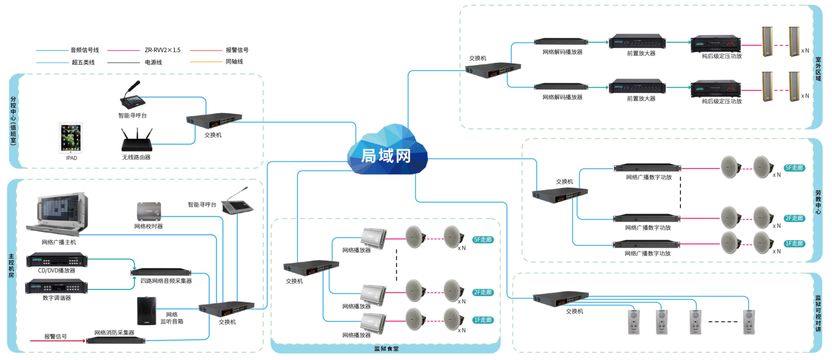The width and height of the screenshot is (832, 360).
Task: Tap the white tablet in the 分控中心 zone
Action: click(71, 138)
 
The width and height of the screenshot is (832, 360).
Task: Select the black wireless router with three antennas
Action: click(136, 140)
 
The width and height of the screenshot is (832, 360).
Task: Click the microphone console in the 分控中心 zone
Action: click(133, 97)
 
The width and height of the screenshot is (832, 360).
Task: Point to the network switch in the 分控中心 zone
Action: click(214, 119)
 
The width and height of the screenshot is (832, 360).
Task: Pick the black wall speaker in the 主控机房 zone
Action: click(146, 311)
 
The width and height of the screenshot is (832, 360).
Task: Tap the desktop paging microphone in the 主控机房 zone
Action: click(237, 204)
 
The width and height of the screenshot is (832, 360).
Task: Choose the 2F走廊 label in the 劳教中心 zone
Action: click(794, 218)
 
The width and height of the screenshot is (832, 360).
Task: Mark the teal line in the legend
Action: click(52, 50)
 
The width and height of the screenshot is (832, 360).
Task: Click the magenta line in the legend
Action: click(123, 50)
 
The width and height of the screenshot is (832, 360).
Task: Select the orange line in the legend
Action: click(206, 62)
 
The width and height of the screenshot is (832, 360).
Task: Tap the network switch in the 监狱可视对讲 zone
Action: click(561, 298)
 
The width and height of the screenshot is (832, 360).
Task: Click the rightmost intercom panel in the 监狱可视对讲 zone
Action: click(749, 322)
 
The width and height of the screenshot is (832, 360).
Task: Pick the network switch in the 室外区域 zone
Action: click(493, 69)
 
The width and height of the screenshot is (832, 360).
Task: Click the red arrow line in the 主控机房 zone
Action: click(55, 341)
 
